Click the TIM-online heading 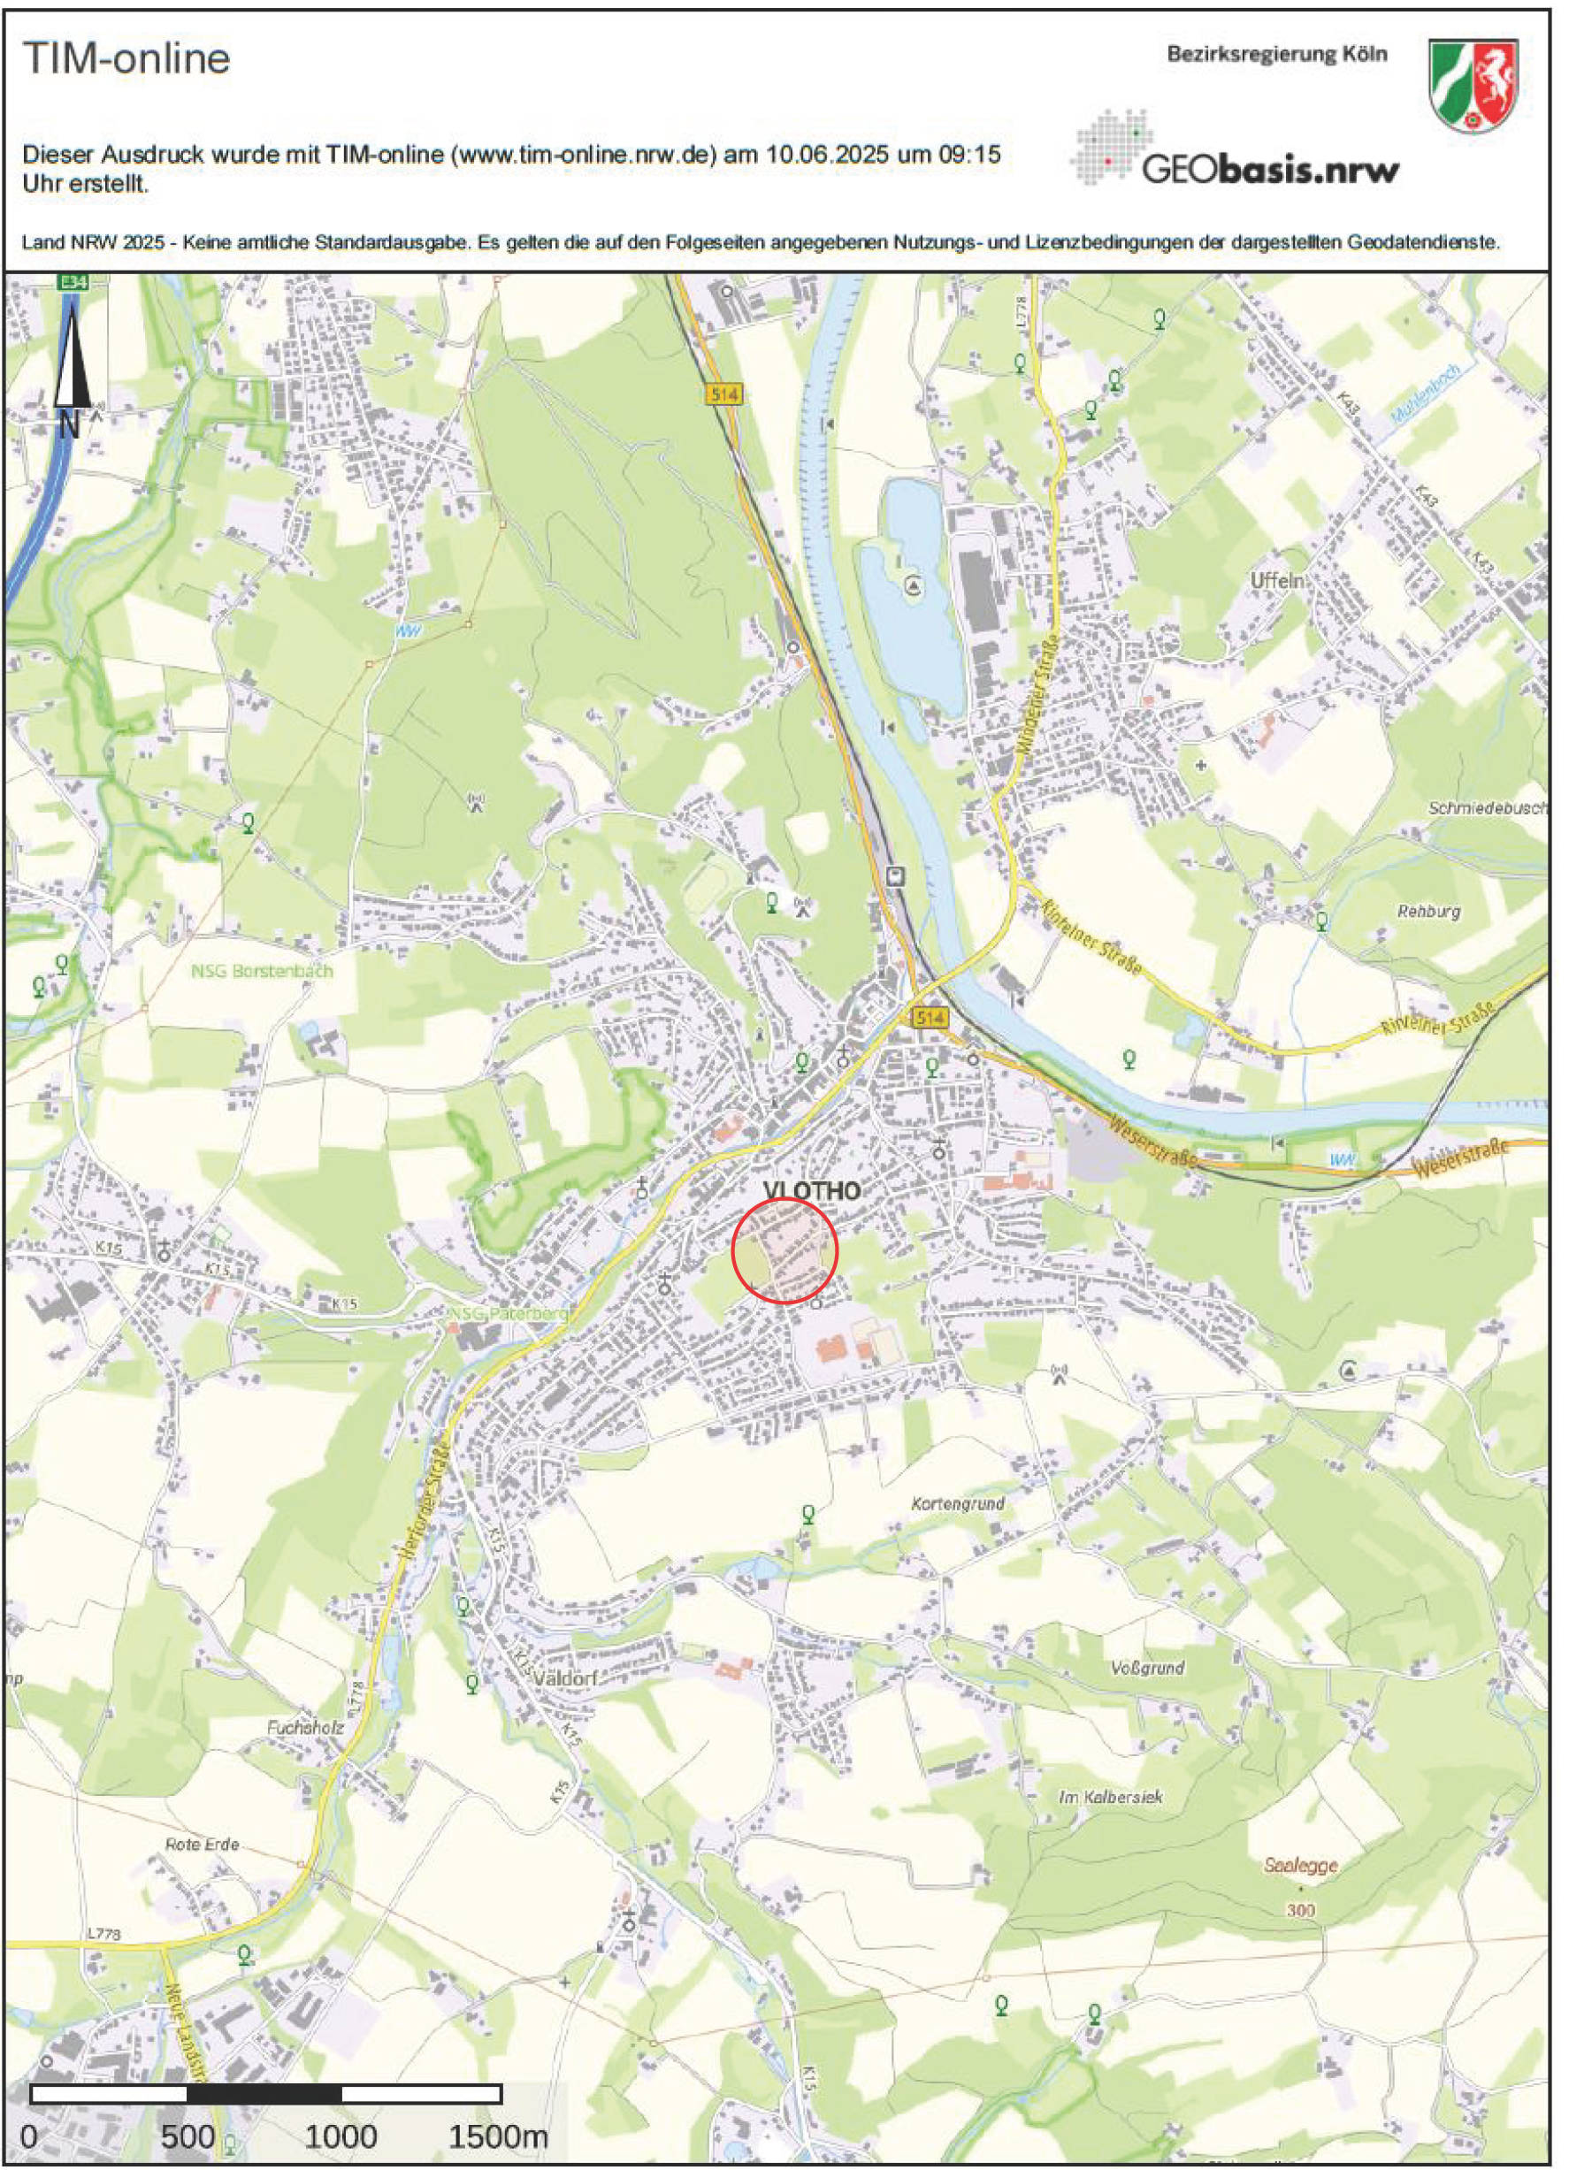tap(126, 59)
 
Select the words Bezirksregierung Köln tap(1276, 55)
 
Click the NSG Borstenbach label tap(262, 971)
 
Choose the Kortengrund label tap(958, 1503)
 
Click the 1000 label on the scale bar tap(341, 2136)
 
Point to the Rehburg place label tap(1429, 912)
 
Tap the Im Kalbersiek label tap(1110, 1798)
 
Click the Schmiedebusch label tap(1487, 808)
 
